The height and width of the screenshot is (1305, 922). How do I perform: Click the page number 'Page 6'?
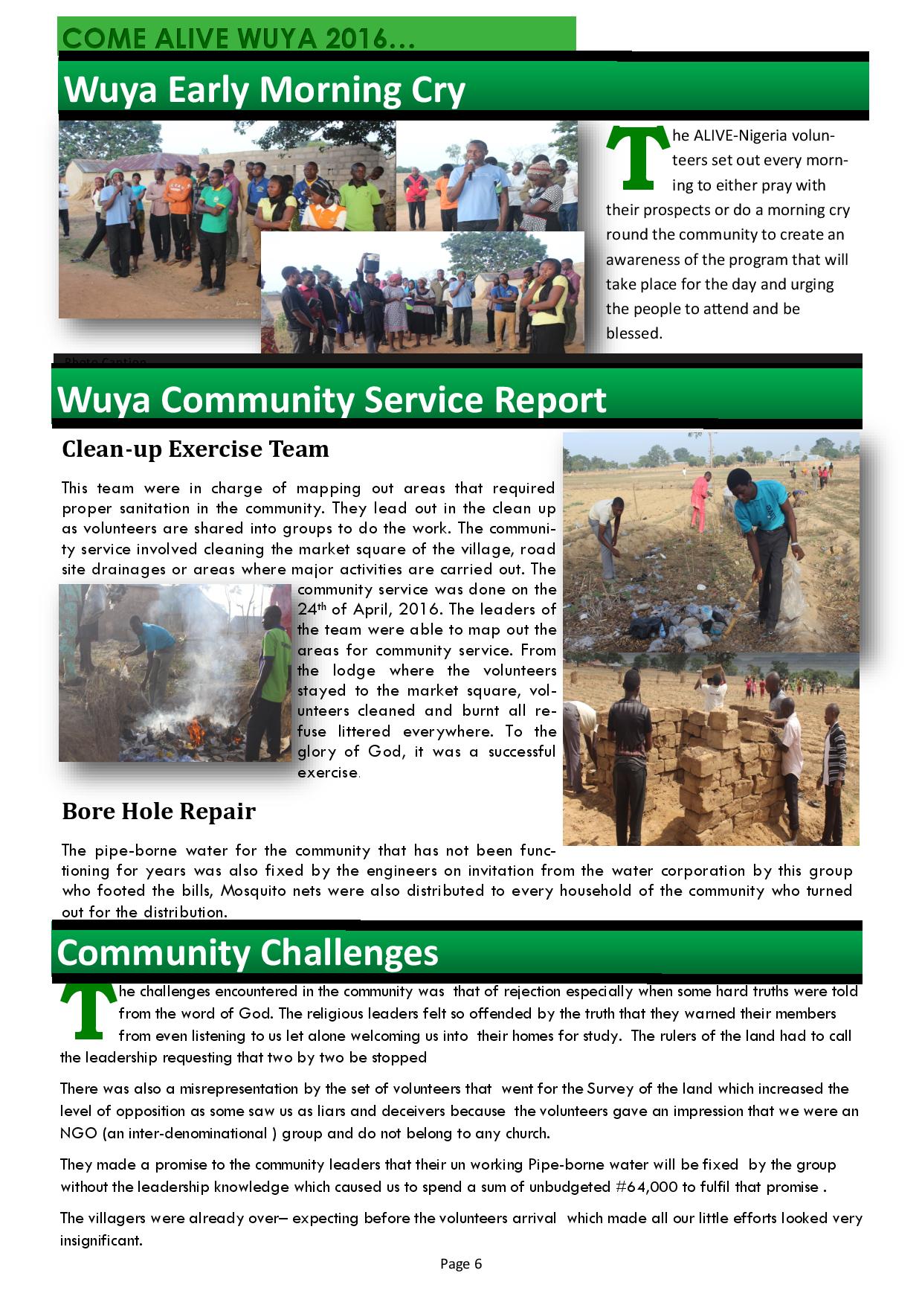461,1263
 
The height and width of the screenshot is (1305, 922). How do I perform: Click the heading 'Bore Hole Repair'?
158,811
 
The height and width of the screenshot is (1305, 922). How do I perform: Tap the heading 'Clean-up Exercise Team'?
195,449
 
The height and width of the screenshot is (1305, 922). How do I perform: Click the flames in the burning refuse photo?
195,733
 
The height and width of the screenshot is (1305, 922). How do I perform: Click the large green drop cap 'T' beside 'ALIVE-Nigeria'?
637,158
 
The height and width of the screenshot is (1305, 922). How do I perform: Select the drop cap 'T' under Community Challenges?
88,1012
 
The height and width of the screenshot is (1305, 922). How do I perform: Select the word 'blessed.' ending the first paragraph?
634,333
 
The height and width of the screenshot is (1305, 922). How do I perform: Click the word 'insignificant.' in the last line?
101,1240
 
